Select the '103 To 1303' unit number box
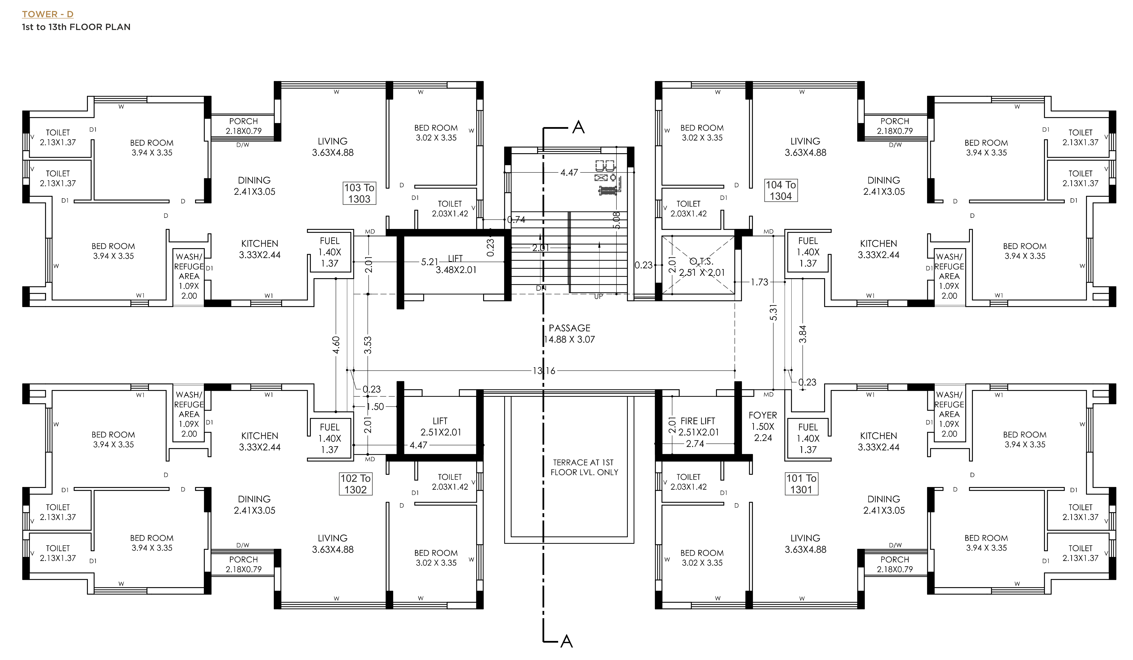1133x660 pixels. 359,193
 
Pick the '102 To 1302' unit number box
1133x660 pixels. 356,484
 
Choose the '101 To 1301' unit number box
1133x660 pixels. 802,484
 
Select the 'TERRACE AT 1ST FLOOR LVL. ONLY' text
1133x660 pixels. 584,467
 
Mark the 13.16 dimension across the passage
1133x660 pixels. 544,371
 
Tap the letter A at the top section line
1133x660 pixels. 579,128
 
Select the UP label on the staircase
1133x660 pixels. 598,297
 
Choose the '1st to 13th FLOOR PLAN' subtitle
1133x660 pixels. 77,27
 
